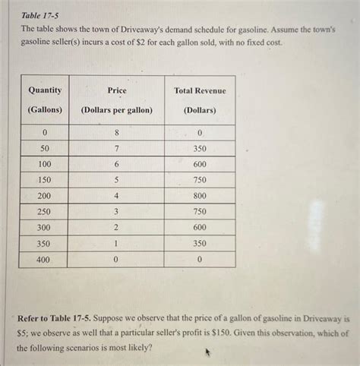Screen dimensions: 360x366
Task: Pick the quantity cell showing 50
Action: [45, 148]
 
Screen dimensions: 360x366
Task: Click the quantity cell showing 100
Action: [45, 164]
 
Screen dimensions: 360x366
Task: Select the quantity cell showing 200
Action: [45, 196]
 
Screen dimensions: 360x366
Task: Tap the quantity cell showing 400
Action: [45, 260]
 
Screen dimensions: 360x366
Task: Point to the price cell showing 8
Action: [117, 132]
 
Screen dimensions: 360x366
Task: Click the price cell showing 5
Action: [117, 180]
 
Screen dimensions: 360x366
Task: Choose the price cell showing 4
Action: [117, 196]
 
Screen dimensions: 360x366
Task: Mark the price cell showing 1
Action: [117, 244]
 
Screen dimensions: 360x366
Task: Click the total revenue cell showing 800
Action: [200, 196]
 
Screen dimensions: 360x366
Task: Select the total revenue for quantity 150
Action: [200, 180]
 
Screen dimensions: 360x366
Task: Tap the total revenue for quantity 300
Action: [200, 228]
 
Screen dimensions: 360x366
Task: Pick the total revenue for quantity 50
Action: [200, 148]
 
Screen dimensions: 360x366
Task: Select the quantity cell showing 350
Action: [45, 244]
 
